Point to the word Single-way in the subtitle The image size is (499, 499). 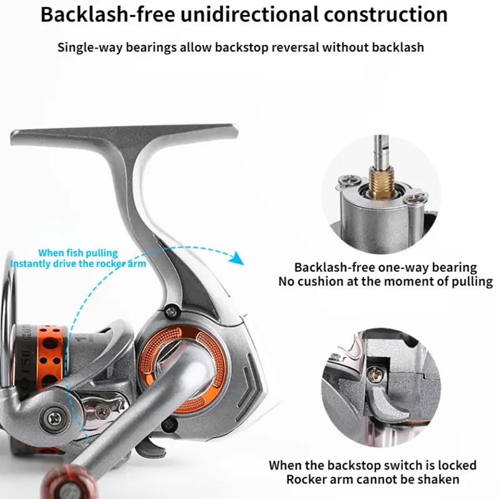coord(87,47)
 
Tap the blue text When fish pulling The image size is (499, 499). coord(78,253)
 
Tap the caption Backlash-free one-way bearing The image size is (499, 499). coord(385,268)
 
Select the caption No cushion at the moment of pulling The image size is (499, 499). coord(385,281)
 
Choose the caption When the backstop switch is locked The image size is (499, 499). coord(372,465)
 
